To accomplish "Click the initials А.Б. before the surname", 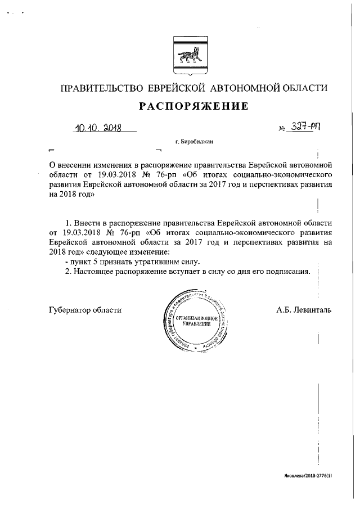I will point(285,309).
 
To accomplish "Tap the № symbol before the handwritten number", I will point(283,129).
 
